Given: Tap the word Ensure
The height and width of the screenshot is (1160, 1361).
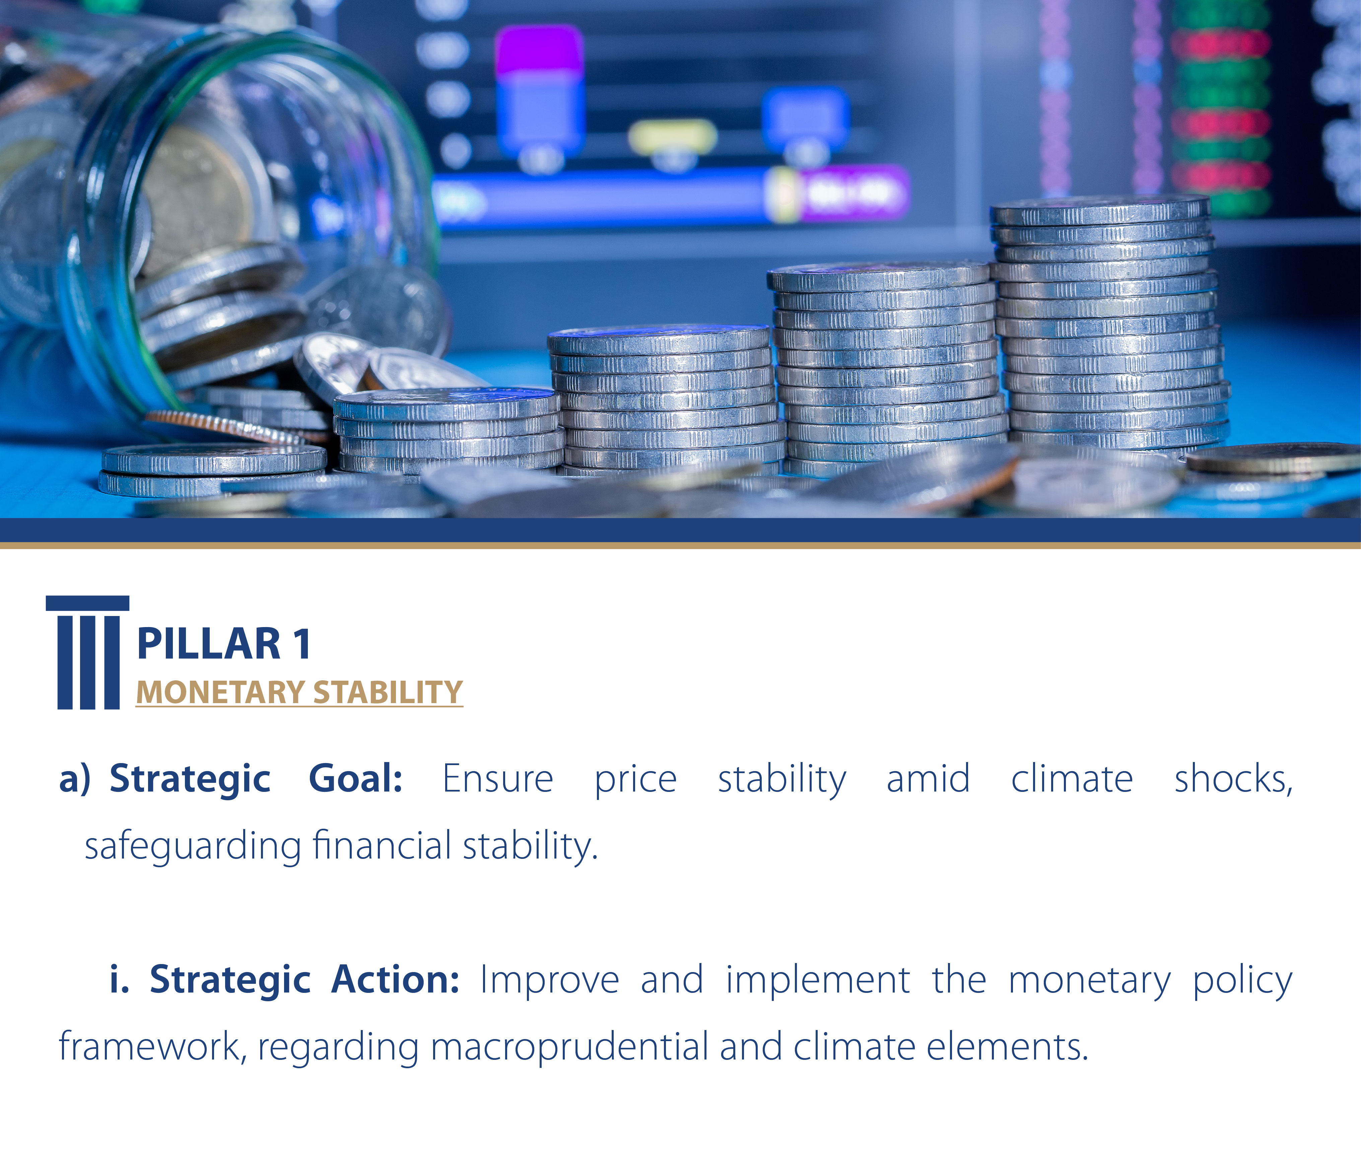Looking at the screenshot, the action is [x=498, y=780].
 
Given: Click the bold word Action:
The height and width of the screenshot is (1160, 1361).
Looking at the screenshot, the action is [x=395, y=980].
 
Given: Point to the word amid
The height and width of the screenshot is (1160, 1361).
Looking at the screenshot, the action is [x=928, y=780].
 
